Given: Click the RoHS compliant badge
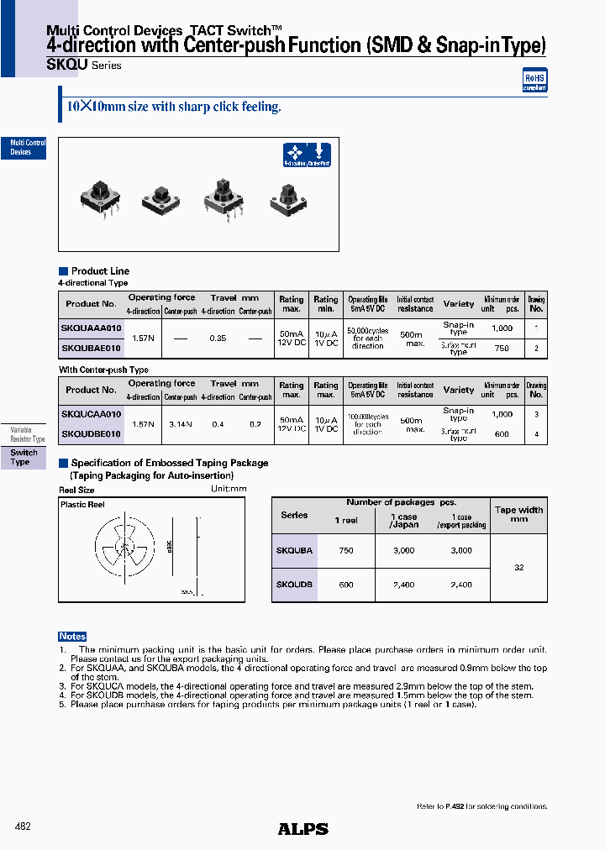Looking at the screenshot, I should (534, 81).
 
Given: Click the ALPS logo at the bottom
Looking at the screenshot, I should (302, 829).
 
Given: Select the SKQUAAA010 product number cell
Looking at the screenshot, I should (92, 328).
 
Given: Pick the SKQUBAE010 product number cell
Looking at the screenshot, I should (92, 348).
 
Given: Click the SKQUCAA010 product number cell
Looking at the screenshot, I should (92, 414).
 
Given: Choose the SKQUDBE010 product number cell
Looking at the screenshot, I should (92, 434).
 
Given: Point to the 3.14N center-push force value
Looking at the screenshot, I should (180, 424).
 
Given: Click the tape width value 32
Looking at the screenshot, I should (518, 568).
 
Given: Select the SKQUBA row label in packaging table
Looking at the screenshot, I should (294, 550).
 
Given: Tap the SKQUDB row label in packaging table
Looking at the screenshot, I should (294, 584).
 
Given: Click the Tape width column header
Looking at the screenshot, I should (518, 514).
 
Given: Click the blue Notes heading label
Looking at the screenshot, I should (72, 637).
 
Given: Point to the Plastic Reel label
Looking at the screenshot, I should (82, 505).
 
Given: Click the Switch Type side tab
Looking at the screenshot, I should (24, 458).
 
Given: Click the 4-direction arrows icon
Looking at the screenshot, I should (294, 154).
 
